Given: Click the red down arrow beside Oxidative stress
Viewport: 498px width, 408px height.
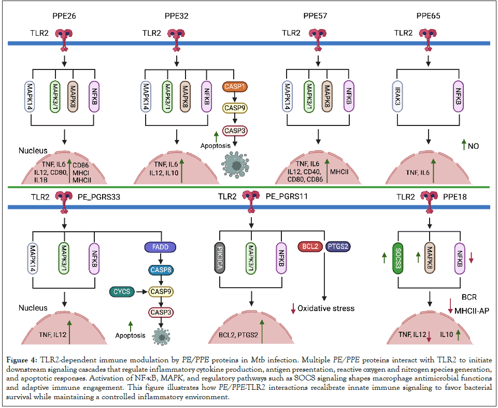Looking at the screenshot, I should click(292, 308).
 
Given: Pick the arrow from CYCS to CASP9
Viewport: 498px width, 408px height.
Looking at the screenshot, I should click(140, 292).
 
